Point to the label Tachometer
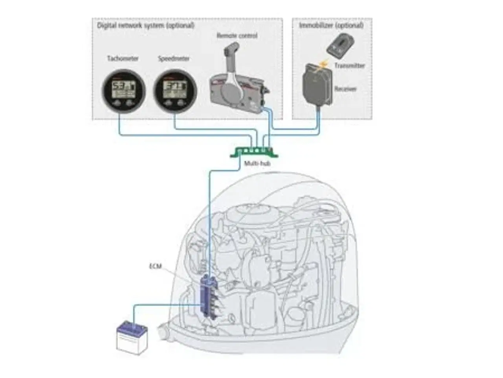[123, 58]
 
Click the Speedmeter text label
[174, 58]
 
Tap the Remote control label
[237, 35]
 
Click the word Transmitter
[350, 65]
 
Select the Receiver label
[345, 89]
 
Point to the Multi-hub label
[257, 163]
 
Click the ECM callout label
[156, 266]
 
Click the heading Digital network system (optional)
[146, 25]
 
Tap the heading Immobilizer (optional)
[331, 25]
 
